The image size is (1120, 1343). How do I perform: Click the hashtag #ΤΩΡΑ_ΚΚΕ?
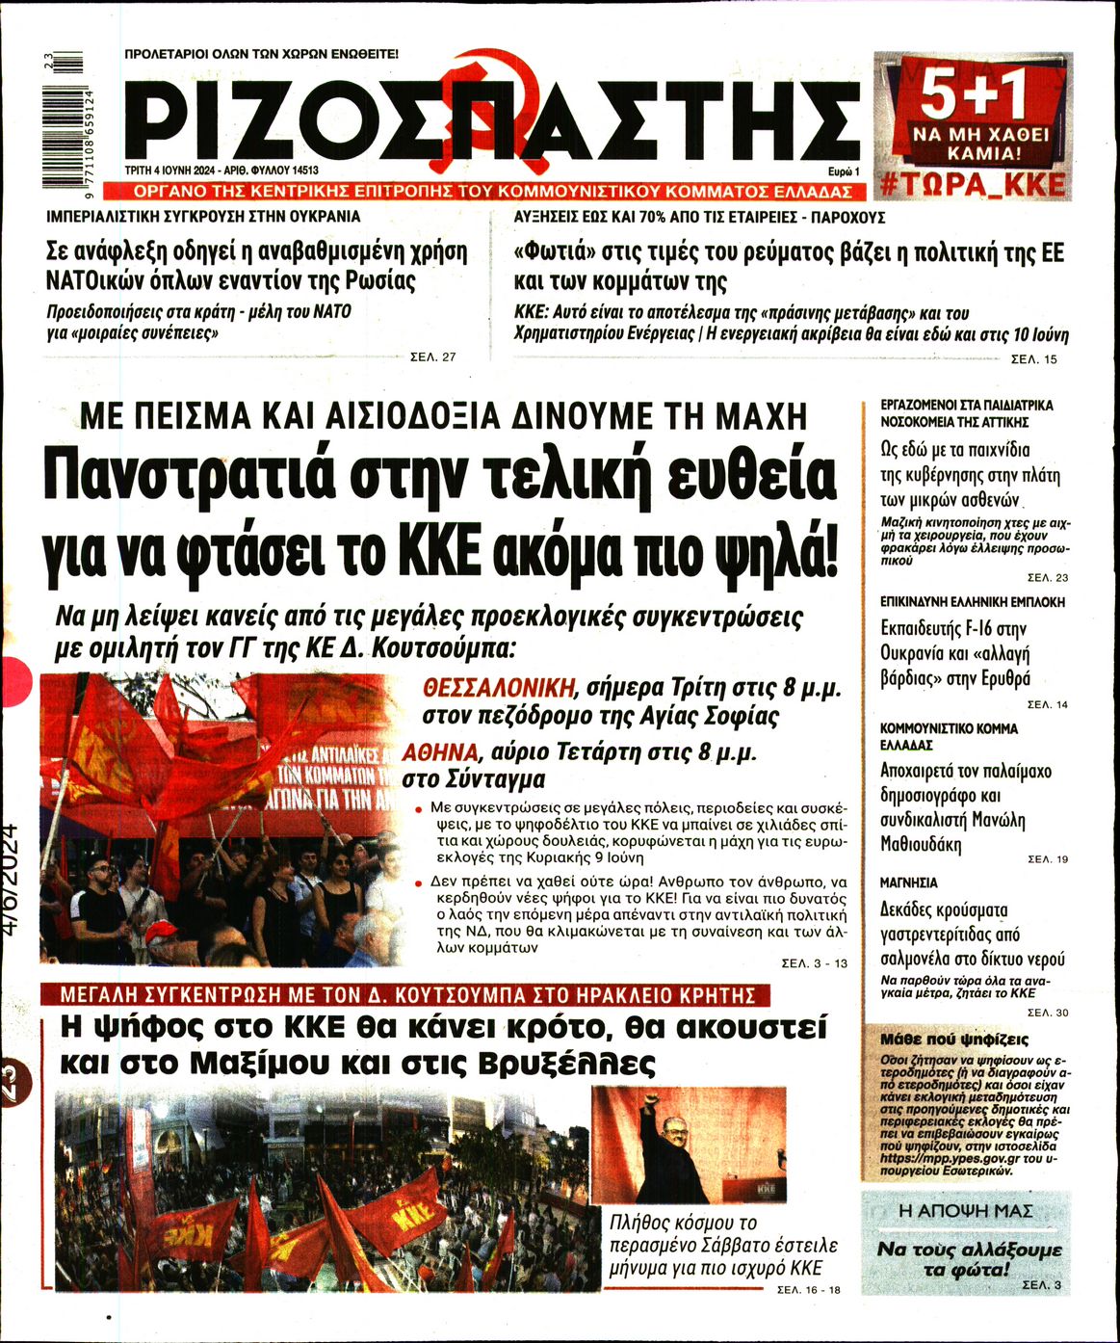973,184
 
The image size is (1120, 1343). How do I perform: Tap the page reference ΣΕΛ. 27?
432,357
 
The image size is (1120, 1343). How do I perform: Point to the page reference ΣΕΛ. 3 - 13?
814,963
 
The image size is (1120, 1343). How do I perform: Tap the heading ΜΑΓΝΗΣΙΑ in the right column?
908,882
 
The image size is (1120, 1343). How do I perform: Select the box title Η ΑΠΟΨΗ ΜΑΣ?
964,1209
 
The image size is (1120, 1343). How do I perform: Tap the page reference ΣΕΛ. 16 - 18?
807,1290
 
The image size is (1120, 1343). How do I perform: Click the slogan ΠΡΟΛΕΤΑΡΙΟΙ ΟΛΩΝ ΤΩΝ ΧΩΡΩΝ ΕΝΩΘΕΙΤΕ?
262,55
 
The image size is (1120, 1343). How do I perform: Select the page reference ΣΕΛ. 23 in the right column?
1048,578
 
